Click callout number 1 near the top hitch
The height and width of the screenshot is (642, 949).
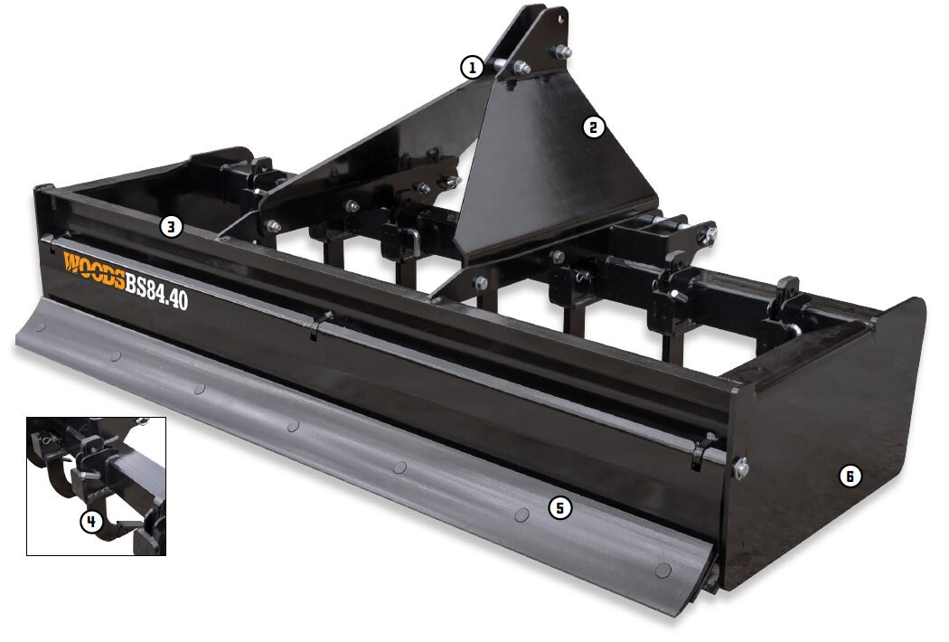tap(471, 67)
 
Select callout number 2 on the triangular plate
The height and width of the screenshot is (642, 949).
tap(593, 127)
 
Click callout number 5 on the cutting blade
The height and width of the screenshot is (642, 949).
tap(559, 508)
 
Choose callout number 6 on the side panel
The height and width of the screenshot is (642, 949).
tap(849, 476)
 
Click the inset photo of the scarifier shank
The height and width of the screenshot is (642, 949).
tap(96, 486)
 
